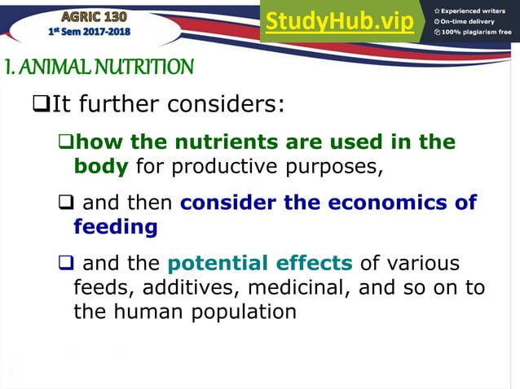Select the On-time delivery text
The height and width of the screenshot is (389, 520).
click(470, 21)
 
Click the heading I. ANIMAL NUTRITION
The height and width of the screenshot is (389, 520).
click(99, 67)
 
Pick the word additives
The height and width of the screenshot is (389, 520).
click(187, 287)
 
